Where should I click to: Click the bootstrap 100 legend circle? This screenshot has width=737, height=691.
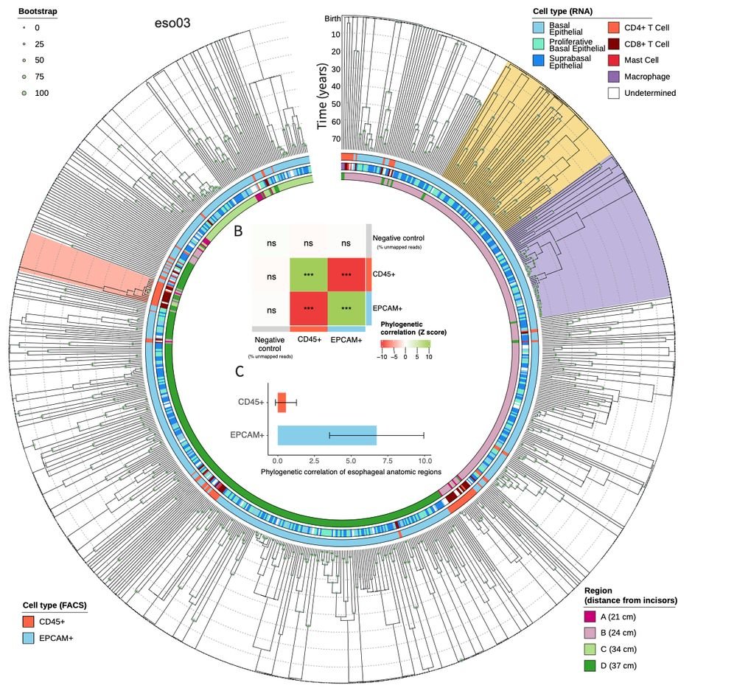pyautogui.click(x=24, y=93)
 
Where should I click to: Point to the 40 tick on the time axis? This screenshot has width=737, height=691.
pyautogui.click(x=335, y=86)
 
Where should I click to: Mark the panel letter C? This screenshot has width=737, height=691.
pyautogui.click(x=239, y=372)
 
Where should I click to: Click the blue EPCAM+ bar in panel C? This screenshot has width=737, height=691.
pyautogui.click(x=327, y=435)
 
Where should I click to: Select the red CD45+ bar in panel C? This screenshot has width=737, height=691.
pyautogui.click(x=282, y=403)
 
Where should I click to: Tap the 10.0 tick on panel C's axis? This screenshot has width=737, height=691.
pyautogui.click(x=425, y=459)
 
